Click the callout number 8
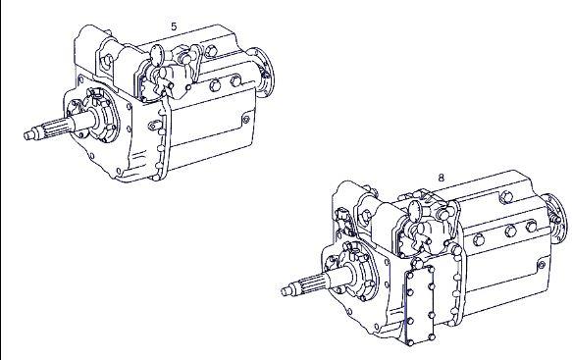(x=442, y=178)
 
